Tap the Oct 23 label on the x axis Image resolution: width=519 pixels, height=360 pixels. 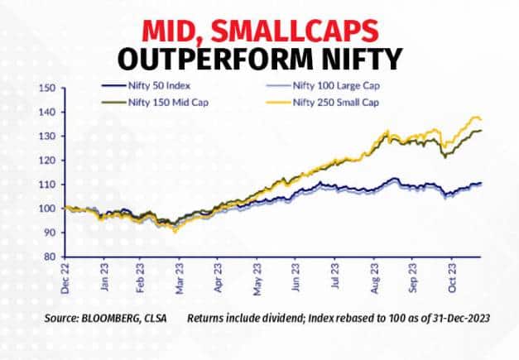pyautogui.click(x=454, y=281)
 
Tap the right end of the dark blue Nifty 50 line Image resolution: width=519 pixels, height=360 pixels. pyautogui.click(x=482, y=183)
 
